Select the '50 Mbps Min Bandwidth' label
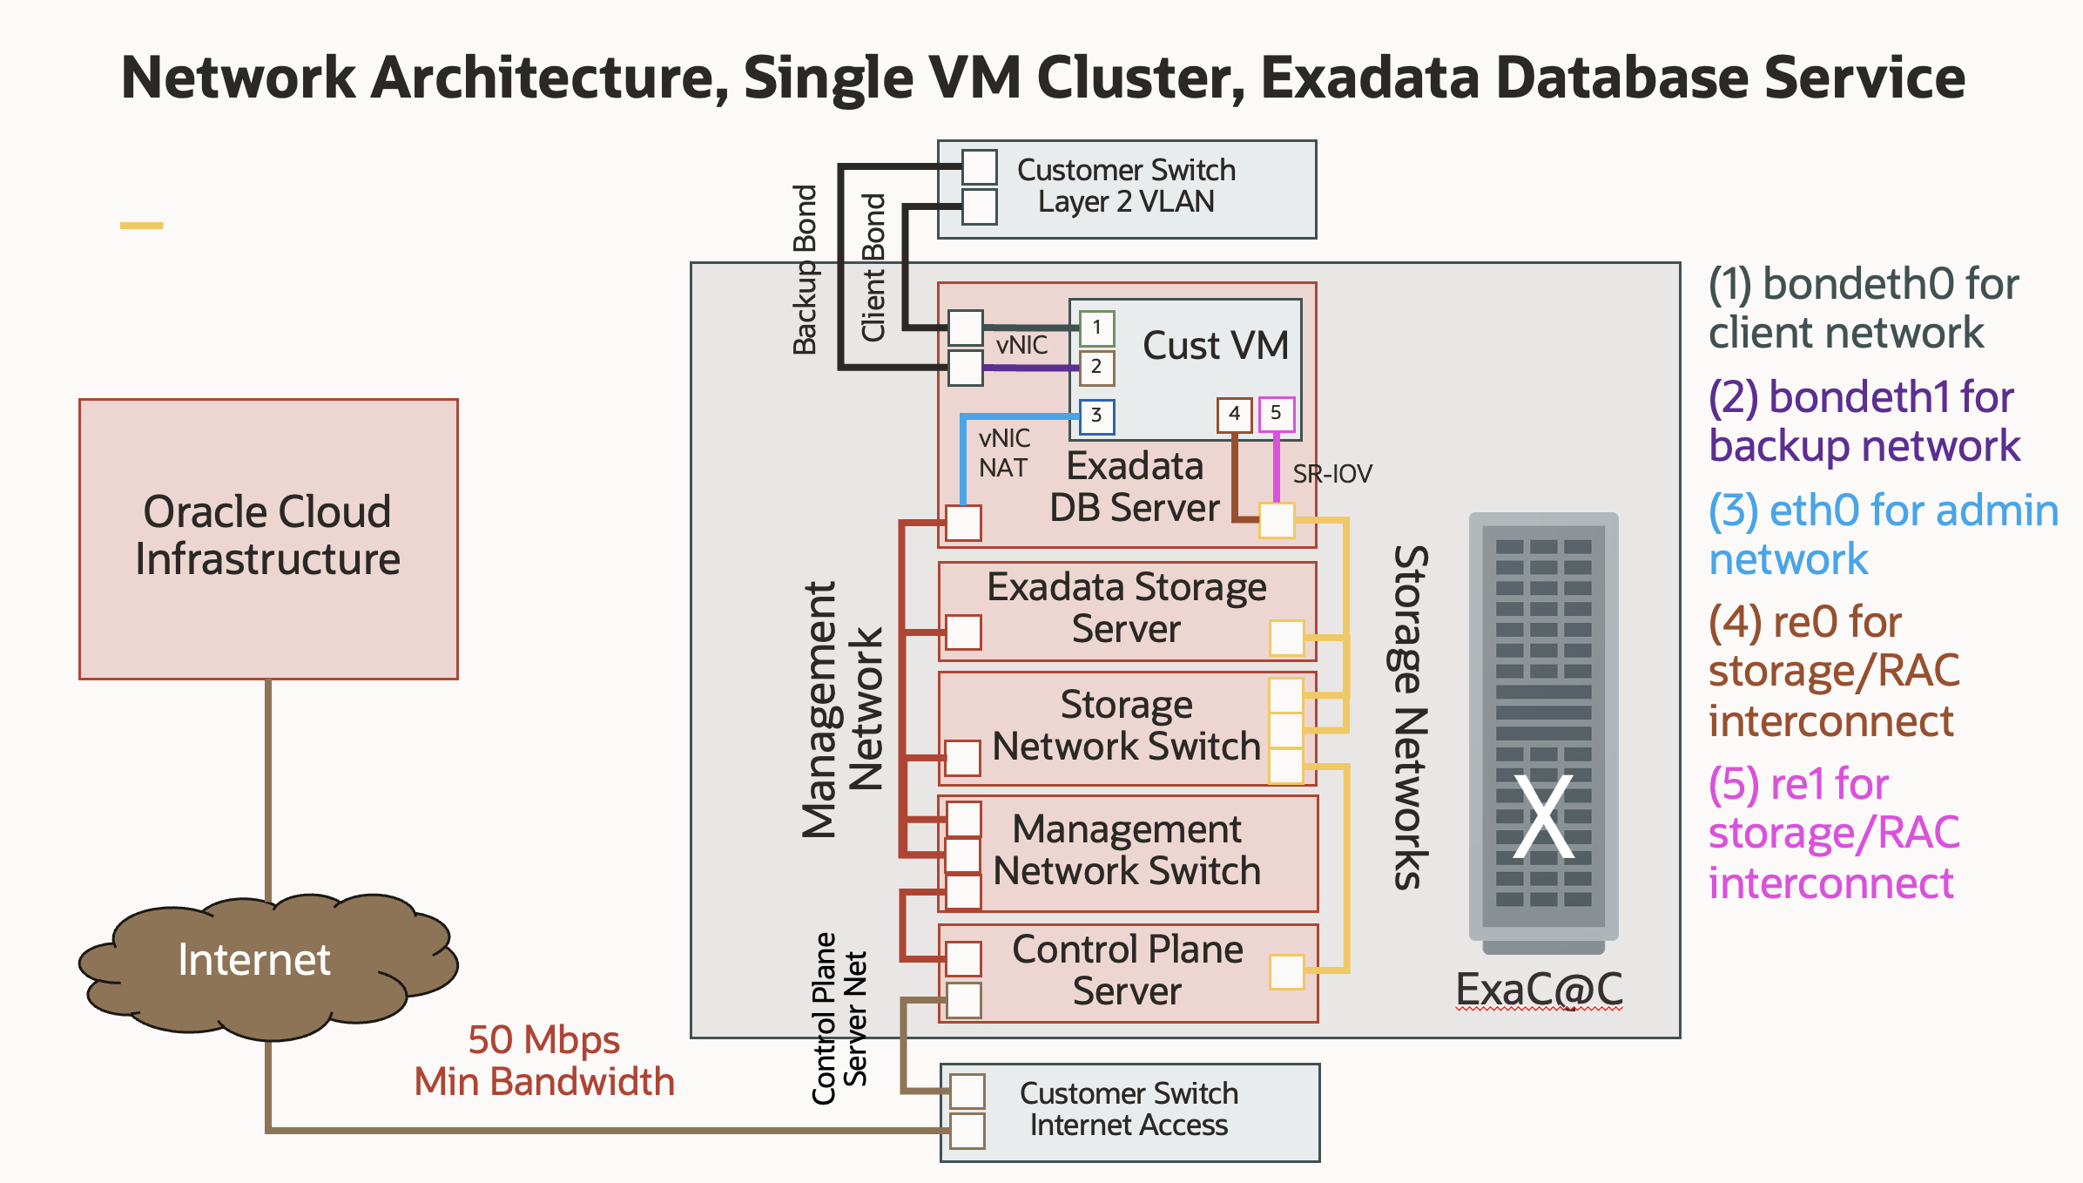tap(543, 1060)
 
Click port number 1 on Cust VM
tap(1096, 328)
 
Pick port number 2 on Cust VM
tap(1096, 367)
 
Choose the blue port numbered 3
tap(1096, 416)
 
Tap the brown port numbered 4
tap(1234, 414)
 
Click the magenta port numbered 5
tap(1276, 413)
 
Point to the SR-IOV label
tap(1331, 474)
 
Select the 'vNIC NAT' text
tap(1004, 453)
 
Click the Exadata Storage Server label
tap(1126, 608)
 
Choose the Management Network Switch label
tap(1127, 850)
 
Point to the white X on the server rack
tap(1543, 817)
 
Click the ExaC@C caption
tap(1539, 990)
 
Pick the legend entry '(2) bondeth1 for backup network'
tap(1864, 422)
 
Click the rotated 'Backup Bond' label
tap(806, 270)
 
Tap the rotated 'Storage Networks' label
tap(1408, 716)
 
